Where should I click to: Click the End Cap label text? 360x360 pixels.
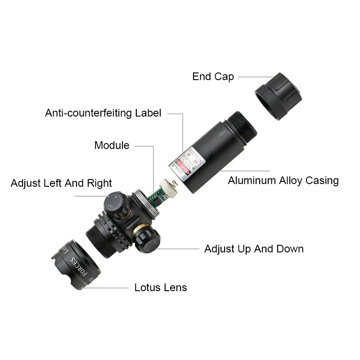[x=213, y=76]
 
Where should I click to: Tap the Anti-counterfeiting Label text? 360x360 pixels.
[x=103, y=113]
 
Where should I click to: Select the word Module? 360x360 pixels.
[x=112, y=145]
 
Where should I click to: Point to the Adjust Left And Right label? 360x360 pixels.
[x=61, y=183]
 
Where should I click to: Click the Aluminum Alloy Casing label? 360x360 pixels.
[x=283, y=181]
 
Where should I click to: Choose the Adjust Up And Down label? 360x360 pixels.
[x=254, y=249]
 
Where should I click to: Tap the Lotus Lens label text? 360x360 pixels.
[x=161, y=288]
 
